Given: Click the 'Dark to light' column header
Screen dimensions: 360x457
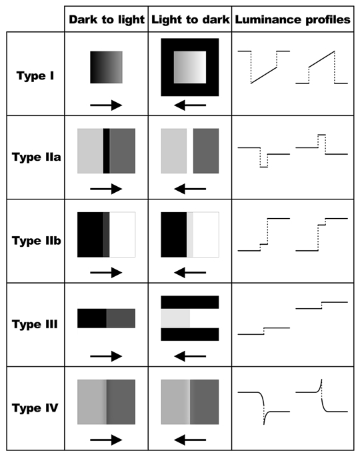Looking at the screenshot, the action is pos(106,20).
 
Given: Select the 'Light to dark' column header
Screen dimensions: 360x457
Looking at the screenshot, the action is pos(190,20).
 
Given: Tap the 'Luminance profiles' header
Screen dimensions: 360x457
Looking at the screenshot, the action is pos(293,20).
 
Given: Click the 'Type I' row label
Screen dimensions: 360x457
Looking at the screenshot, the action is pos(35,76).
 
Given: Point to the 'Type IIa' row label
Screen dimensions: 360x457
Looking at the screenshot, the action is pos(37,157).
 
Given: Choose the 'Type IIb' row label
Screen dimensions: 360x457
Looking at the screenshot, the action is pos(37,241).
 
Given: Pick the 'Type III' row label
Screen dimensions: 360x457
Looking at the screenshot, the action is pos(35,324).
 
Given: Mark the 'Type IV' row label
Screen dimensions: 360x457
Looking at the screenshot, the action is pos(35,408).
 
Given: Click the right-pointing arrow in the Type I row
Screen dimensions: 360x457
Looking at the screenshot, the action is pos(106,105).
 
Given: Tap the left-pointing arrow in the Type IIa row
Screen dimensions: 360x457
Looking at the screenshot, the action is pos(190,189).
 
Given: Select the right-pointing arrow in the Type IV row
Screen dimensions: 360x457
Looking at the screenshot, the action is pos(106,440).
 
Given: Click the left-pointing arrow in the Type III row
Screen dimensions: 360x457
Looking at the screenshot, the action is pos(190,356).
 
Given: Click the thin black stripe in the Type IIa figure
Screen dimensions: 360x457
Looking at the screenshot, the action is pos(106,151).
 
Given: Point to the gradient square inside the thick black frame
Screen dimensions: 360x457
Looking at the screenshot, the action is pos(190,67).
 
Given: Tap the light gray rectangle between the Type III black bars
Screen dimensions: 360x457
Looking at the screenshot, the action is pos(175,318).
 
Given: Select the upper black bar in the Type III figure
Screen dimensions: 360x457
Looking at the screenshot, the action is pos(190,302).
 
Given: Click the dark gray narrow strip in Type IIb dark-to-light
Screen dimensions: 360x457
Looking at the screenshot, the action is pos(106,235).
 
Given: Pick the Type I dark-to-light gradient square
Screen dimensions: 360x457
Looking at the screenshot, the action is pos(106,67).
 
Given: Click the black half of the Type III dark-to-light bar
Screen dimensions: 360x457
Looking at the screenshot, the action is pos(92,318).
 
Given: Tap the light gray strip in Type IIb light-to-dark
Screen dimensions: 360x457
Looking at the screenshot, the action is pos(190,235).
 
